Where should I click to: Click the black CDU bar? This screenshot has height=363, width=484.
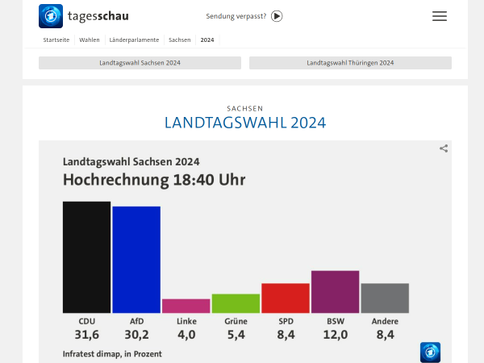(86, 257)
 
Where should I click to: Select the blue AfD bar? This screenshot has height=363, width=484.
(136, 260)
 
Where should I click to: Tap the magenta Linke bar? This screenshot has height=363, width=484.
(186, 306)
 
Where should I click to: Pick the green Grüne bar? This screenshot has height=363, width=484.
(236, 303)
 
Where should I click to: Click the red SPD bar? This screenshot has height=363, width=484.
(286, 298)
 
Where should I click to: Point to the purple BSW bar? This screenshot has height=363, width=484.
(335, 291)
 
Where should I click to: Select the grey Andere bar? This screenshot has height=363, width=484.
(385, 298)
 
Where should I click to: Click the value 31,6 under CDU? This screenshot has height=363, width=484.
(86, 335)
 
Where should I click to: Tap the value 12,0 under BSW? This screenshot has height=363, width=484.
(335, 335)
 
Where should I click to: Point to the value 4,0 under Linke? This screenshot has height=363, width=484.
(186, 335)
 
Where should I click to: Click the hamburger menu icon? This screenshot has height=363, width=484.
(439, 16)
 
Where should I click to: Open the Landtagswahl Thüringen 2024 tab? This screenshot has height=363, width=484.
(350, 63)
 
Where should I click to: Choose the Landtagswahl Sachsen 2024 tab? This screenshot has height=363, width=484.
(140, 63)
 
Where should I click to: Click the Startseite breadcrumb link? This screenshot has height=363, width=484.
(56, 40)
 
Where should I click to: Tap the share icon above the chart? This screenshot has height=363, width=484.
(444, 148)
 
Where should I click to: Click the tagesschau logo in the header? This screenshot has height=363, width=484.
(84, 16)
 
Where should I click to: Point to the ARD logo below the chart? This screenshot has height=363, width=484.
(430, 352)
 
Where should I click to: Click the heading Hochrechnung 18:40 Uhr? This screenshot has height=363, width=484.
(154, 179)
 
